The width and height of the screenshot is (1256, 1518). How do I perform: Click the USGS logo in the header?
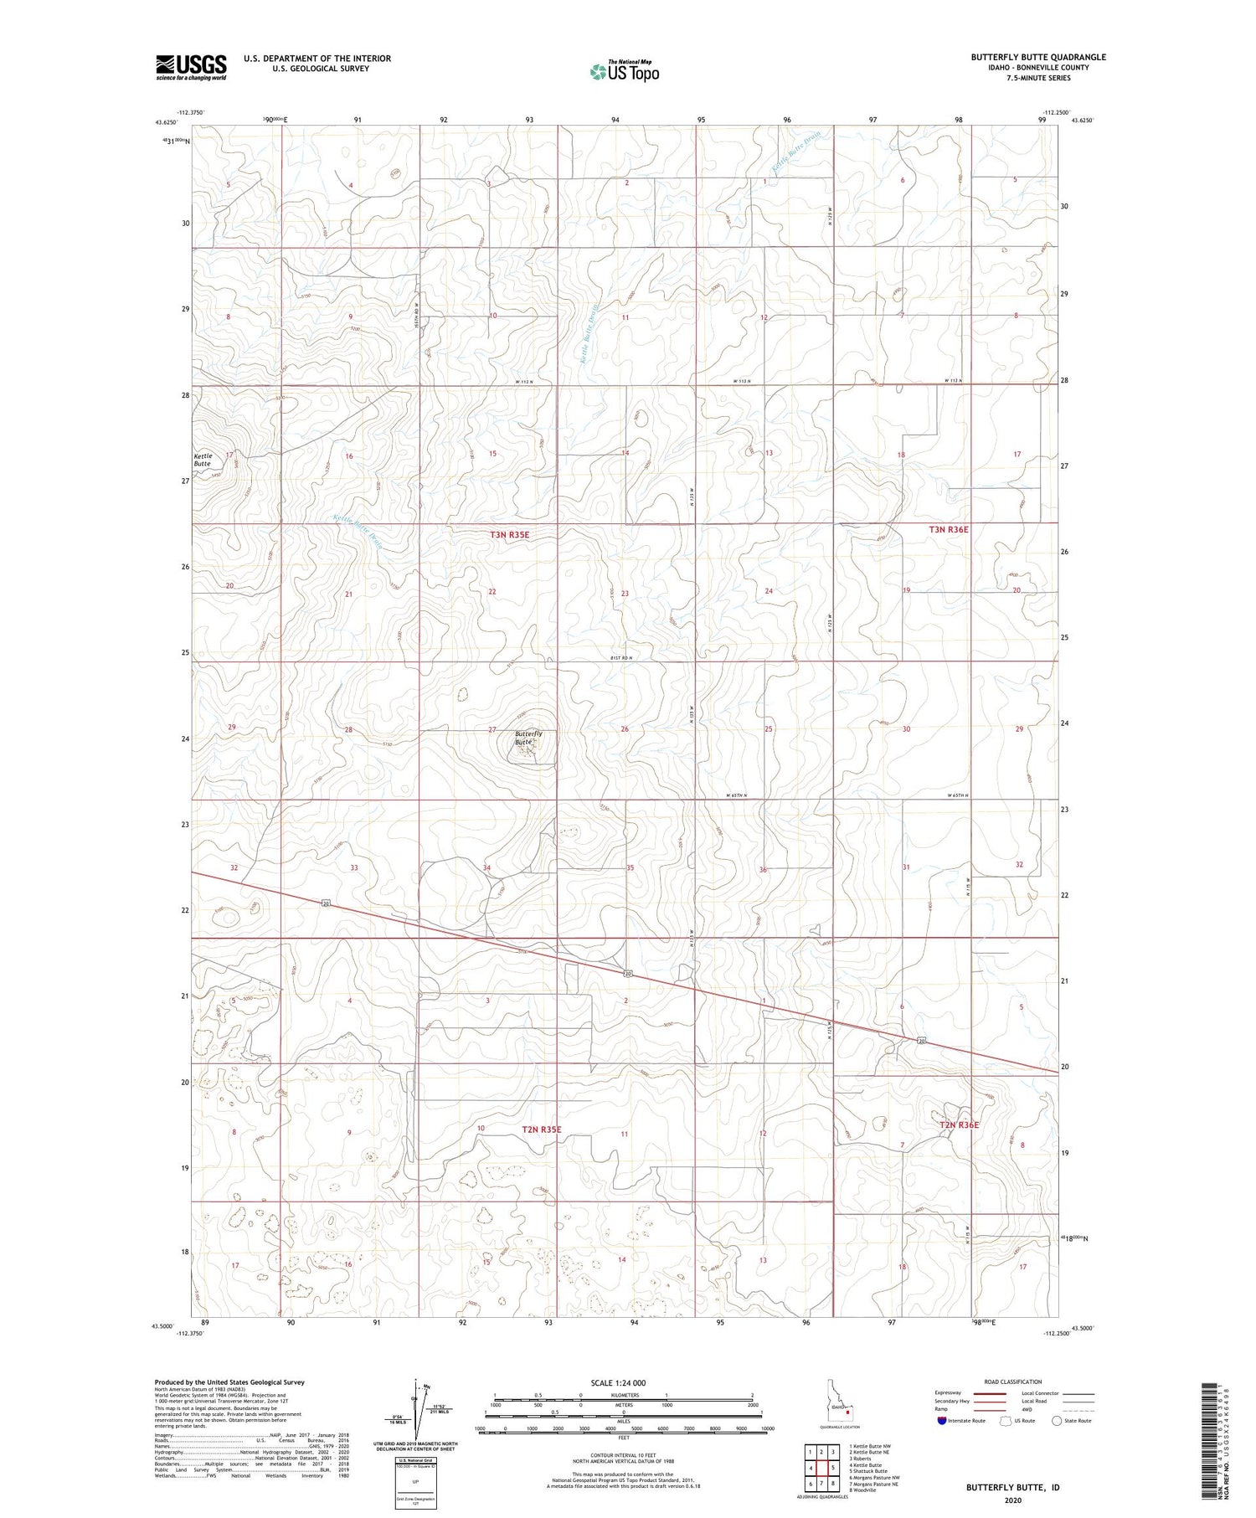191,67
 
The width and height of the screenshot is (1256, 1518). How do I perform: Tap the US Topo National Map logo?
624,71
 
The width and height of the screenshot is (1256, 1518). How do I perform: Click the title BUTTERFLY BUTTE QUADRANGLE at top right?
1037,57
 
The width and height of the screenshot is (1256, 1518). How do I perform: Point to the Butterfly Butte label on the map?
528,738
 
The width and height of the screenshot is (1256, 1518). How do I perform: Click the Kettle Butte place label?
203,460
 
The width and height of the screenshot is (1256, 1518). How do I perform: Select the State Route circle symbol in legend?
1058,1420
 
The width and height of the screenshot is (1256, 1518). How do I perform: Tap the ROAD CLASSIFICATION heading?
1013,1382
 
